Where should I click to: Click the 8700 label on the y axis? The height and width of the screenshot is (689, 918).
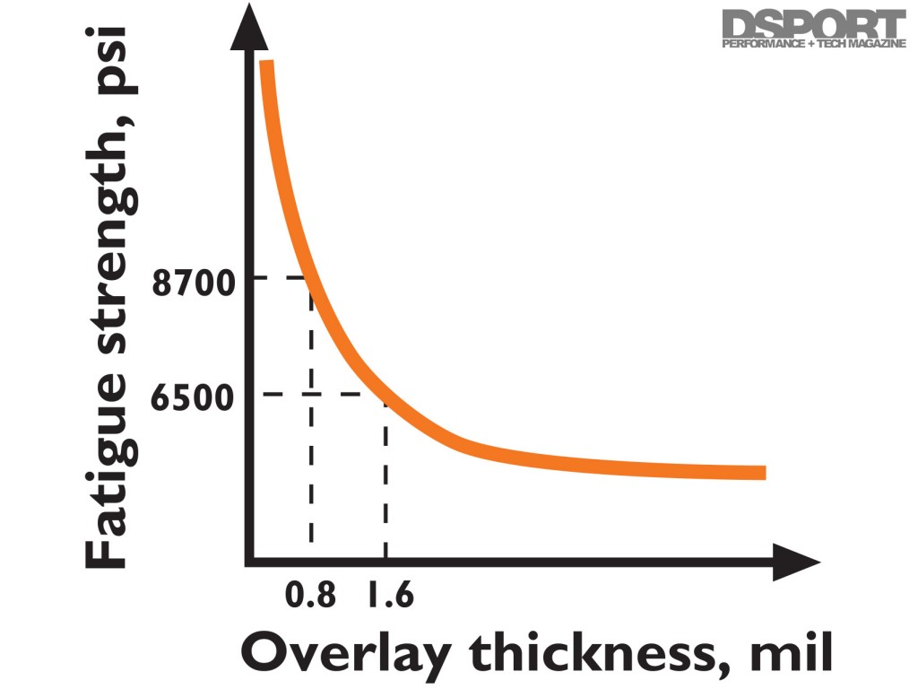193,283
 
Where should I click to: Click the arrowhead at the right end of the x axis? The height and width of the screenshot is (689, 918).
798,563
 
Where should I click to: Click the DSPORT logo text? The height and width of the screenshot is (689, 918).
814,25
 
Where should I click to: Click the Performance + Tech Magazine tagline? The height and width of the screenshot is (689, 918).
814,45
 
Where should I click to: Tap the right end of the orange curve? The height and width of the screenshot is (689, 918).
764,473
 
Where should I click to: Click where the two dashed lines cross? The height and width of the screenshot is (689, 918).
311,394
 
